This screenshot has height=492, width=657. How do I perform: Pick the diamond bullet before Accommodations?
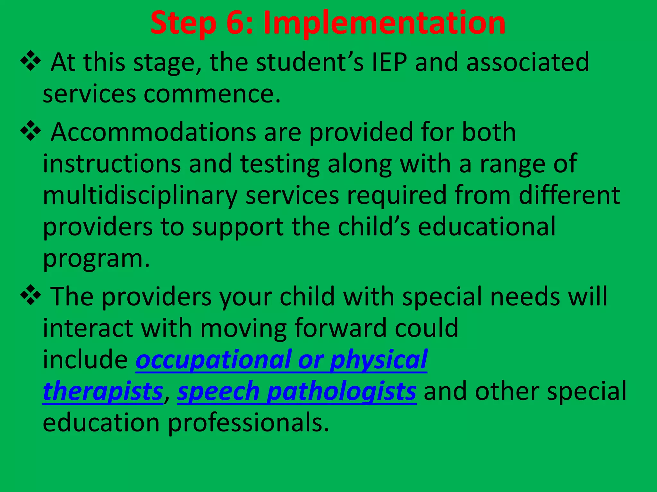31,130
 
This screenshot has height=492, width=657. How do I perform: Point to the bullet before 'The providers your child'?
31,295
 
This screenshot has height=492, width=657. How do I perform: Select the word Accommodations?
153,132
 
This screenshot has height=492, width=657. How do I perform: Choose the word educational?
487,227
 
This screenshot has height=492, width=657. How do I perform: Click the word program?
96,259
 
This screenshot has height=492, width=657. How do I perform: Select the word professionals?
249,423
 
